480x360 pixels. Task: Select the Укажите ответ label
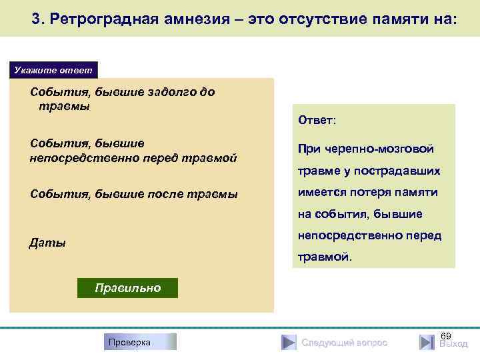point(53,70)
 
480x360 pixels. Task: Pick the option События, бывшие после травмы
point(133,194)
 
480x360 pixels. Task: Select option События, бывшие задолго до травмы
point(123,99)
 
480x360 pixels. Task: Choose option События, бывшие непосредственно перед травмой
point(133,150)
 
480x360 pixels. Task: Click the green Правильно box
point(127,288)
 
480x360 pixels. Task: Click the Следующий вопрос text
point(344,343)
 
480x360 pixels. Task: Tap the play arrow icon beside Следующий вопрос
point(288,342)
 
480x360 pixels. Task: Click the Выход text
point(453,344)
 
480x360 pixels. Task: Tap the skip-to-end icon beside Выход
point(427,342)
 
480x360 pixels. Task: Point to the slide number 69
point(447,334)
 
